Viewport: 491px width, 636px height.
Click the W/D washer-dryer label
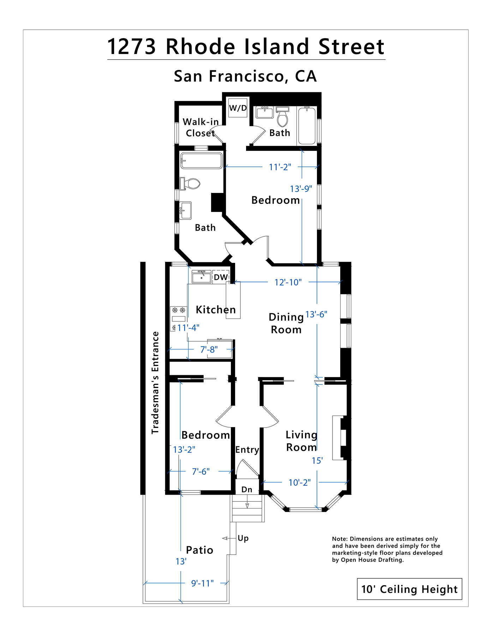238,108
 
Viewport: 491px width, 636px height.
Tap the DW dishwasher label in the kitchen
221,277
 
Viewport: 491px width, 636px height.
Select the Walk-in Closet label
200,128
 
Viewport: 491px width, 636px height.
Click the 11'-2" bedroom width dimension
280,167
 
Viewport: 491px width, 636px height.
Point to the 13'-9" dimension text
301,189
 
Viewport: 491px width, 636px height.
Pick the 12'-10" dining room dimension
288,282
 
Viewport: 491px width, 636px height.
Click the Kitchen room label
216,310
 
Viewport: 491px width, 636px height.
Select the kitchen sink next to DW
201,277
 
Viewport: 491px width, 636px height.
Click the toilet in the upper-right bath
282,117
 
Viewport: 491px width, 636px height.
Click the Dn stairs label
247,489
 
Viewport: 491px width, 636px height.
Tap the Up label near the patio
243,538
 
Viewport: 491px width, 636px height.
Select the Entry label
247,450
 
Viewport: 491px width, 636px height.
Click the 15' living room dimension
317,461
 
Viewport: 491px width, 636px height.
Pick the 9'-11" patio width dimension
202,583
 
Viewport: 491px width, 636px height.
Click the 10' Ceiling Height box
409,589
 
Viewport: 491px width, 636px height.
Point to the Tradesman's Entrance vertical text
155,383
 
